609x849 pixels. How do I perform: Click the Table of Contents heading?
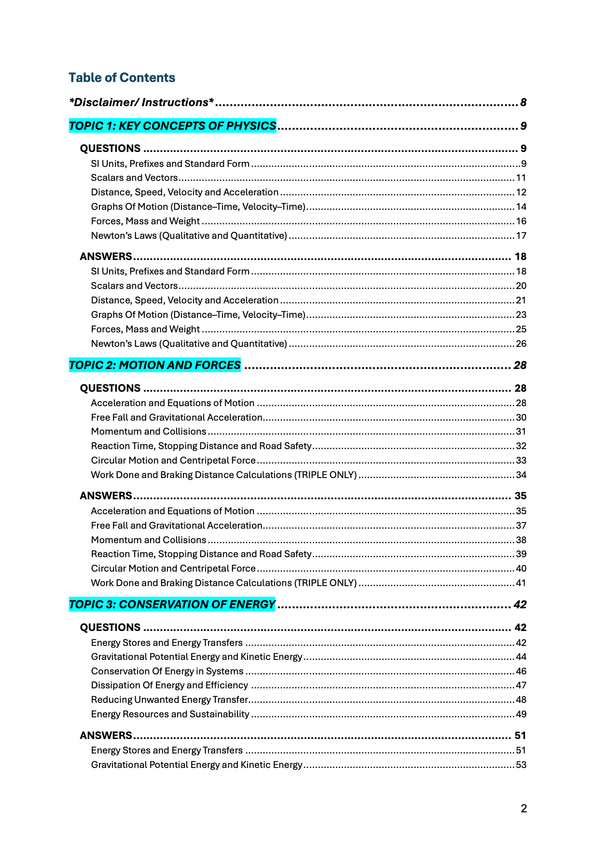point(122,78)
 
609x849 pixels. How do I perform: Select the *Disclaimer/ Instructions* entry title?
point(141,102)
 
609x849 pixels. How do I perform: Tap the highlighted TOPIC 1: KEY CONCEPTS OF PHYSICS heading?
point(172,126)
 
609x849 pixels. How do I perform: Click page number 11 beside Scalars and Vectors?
point(521,178)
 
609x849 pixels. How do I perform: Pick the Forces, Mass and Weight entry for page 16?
point(145,221)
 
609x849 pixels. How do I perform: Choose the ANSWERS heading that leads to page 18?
point(106,256)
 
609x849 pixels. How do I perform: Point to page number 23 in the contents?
point(521,315)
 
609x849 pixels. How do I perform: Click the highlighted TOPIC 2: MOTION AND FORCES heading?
point(154,365)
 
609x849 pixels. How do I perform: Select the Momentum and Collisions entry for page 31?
point(149,432)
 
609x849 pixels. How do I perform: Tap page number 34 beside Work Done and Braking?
point(521,475)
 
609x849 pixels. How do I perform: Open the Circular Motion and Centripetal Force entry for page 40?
point(173,569)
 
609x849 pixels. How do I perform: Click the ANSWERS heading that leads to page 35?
point(106,496)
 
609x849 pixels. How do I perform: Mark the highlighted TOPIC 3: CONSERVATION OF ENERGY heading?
point(172,604)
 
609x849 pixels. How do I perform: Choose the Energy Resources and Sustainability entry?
point(170,714)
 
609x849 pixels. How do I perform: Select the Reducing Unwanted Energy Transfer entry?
point(169,700)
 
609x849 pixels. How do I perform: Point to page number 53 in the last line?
point(521,765)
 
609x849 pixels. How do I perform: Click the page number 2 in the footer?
point(524,809)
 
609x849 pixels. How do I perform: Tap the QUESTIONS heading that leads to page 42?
point(110,628)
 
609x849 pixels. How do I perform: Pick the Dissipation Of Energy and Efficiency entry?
point(169,685)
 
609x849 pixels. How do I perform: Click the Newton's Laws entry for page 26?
point(189,344)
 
